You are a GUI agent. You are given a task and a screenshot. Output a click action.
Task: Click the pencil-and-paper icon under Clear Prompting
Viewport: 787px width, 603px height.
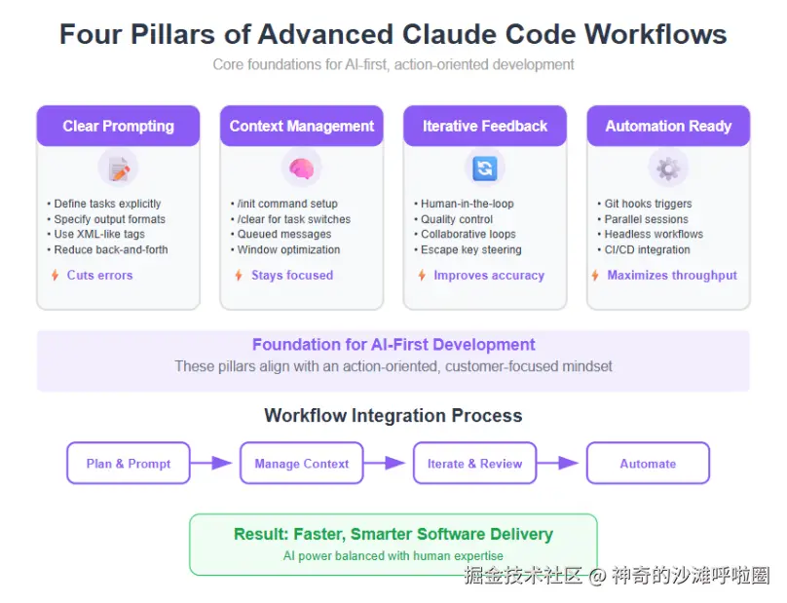119,169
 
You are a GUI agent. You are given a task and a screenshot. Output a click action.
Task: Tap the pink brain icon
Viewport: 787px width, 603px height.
301,169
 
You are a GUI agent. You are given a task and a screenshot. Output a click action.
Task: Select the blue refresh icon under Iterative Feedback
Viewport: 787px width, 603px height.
485,169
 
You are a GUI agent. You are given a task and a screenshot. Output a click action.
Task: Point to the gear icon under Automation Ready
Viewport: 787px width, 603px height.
668,169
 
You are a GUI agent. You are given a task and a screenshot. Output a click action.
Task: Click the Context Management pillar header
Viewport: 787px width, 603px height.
302,126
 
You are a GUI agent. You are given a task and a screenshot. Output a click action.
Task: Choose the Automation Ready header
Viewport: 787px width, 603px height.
668,126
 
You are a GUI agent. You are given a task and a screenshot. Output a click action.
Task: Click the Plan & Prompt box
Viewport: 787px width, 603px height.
129,463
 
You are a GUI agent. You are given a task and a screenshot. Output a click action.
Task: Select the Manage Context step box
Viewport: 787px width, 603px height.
302,463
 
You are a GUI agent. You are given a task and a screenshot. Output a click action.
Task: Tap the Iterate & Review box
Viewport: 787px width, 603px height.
474,463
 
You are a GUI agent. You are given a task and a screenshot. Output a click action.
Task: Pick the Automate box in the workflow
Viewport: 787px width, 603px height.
648,463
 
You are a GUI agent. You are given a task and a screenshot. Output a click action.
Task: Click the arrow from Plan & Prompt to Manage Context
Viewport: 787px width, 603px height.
211,463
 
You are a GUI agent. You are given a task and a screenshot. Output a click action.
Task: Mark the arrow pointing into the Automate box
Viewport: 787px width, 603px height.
558,463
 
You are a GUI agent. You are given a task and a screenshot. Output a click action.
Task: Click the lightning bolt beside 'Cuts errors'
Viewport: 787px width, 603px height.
56,275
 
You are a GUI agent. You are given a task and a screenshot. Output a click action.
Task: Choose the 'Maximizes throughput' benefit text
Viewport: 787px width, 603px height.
672,275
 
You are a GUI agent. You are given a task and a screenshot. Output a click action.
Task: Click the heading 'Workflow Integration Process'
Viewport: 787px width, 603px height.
393,416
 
